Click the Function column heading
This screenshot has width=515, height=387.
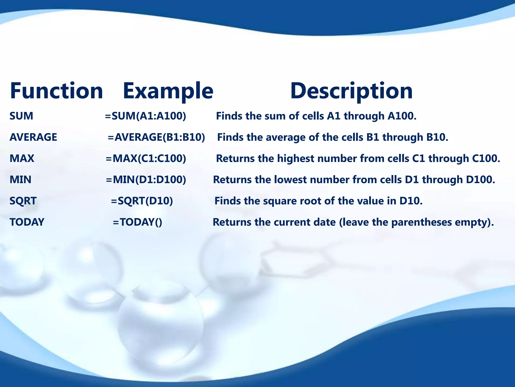(x=56, y=91)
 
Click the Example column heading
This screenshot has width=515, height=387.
(x=168, y=91)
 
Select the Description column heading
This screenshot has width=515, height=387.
(x=351, y=91)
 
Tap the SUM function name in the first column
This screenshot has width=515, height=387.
(x=21, y=116)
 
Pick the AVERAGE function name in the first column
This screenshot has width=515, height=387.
(x=33, y=137)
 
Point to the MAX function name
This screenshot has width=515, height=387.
(x=22, y=158)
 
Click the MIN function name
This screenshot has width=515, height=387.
(x=20, y=180)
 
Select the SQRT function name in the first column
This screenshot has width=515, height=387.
(x=23, y=201)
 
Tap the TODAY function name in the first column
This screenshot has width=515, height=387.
(x=27, y=222)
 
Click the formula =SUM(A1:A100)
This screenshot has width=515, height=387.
(x=145, y=116)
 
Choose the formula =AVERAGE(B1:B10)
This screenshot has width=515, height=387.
(x=156, y=137)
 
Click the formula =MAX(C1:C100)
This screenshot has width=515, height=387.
(x=146, y=158)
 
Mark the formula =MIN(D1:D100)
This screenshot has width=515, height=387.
(x=146, y=180)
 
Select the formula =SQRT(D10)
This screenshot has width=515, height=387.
(x=142, y=201)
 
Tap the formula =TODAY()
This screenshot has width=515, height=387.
(x=137, y=222)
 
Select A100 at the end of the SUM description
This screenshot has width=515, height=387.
(x=402, y=116)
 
